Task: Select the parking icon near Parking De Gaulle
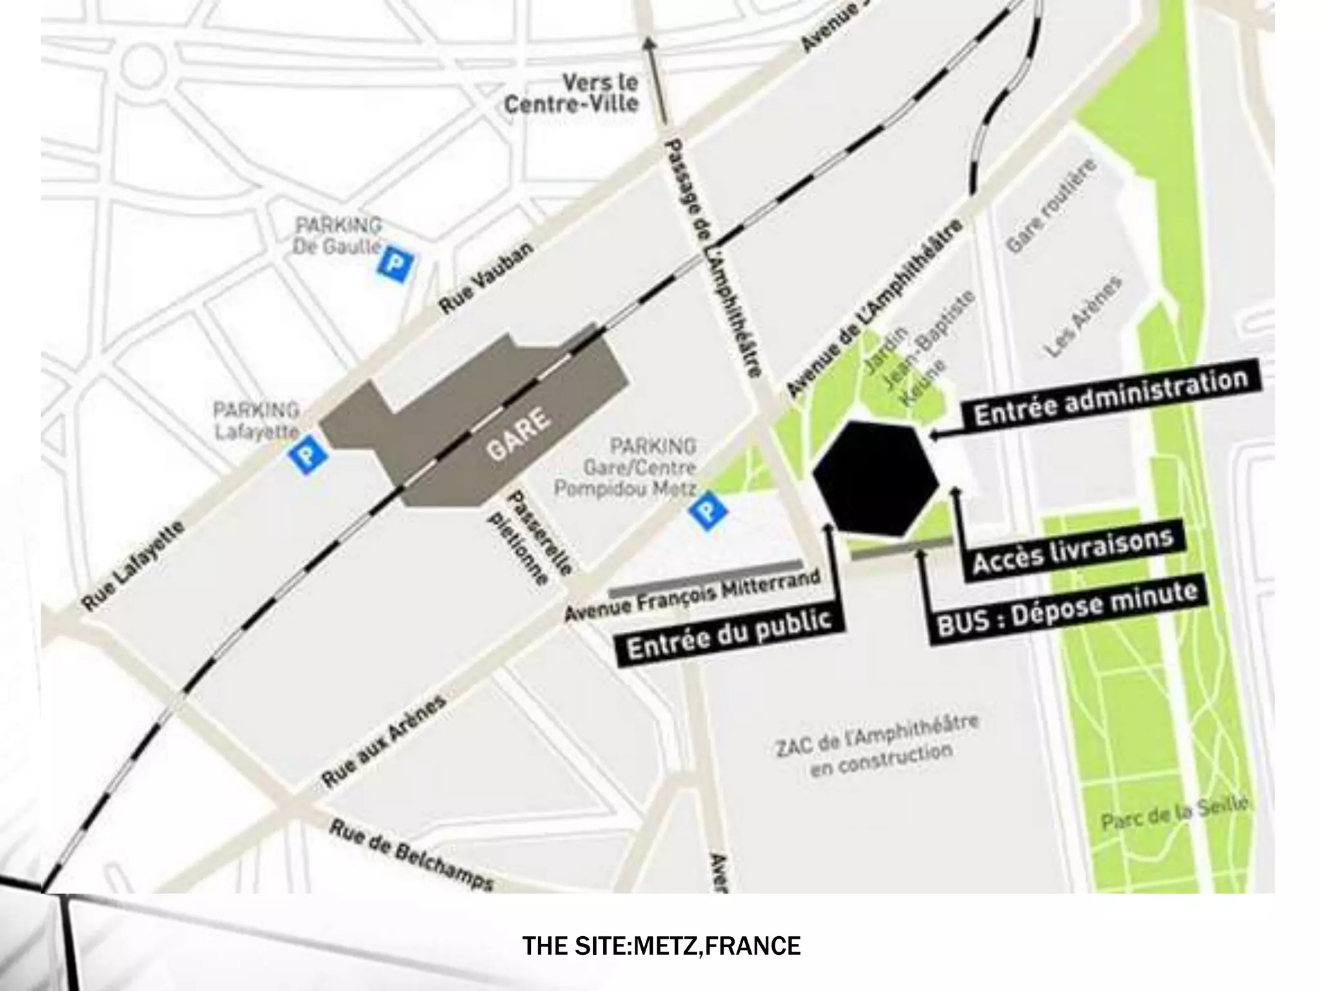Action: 395,265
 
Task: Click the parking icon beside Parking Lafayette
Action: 308,455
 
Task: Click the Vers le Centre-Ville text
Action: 571,94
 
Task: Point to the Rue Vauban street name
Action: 486,279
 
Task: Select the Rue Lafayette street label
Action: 134,566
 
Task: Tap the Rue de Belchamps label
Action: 412,855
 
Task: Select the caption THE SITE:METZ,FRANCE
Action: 661,946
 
